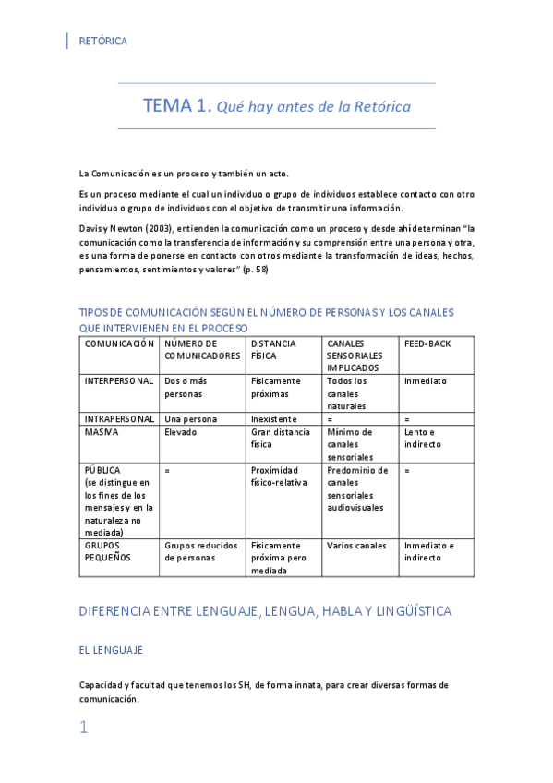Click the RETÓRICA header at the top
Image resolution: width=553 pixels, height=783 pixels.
click(x=103, y=42)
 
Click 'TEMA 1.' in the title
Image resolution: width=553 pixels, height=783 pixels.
click(x=175, y=106)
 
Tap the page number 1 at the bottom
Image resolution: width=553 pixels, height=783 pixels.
click(x=84, y=728)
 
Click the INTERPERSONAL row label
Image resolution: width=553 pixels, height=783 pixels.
click(x=118, y=380)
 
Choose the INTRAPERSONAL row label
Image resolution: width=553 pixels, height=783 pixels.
click(x=118, y=418)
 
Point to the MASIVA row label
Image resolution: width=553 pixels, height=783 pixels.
click(x=102, y=431)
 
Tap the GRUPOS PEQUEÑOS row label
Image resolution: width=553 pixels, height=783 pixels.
click(x=108, y=551)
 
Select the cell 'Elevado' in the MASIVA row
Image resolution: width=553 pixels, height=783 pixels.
click(x=181, y=431)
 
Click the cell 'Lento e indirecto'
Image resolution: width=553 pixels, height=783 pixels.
click(x=423, y=438)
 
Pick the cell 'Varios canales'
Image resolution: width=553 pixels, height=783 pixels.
click(x=356, y=546)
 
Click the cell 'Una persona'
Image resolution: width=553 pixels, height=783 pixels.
click(x=191, y=418)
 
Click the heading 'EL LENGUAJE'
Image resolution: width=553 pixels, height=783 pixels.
click(x=111, y=650)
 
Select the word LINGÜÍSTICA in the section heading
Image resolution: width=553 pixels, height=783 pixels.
click(x=405, y=611)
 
